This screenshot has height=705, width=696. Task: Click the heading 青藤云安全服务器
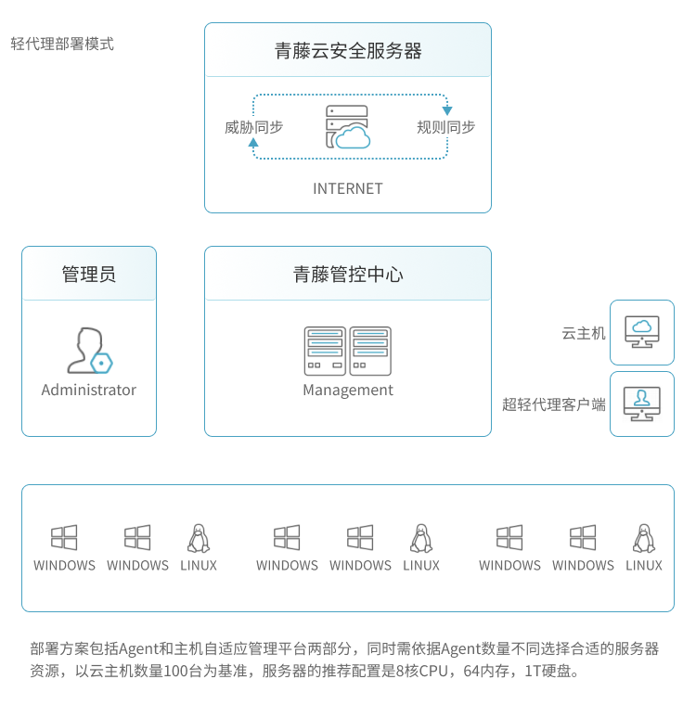pyautogui.click(x=348, y=51)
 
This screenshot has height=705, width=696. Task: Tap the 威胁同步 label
pyautogui.click(x=253, y=127)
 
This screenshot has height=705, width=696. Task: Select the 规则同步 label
pyautogui.click(x=445, y=127)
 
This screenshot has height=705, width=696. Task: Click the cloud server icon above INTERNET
pyautogui.click(x=348, y=128)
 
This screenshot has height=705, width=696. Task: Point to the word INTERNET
pyautogui.click(x=348, y=188)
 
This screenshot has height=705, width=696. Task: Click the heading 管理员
pyautogui.click(x=89, y=275)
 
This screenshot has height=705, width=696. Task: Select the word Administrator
pyautogui.click(x=89, y=390)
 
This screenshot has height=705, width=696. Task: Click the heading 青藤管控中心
pyautogui.click(x=348, y=275)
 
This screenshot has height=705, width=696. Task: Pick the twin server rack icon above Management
pyautogui.click(x=348, y=349)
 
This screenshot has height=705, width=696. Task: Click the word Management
pyautogui.click(x=348, y=390)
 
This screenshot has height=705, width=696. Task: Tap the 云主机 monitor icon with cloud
pyautogui.click(x=641, y=331)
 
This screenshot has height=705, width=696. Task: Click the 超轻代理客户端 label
pyautogui.click(x=554, y=404)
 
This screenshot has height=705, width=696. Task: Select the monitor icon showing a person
pyautogui.click(x=641, y=404)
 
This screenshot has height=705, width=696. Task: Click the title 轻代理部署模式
pyautogui.click(x=62, y=44)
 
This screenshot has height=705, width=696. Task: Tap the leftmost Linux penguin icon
pyautogui.click(x=198, y=538)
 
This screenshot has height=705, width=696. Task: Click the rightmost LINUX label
pyautogui.click(x=643, y=565)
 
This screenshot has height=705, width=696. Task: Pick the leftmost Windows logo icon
pyautogui.click(x=64, y=538)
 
